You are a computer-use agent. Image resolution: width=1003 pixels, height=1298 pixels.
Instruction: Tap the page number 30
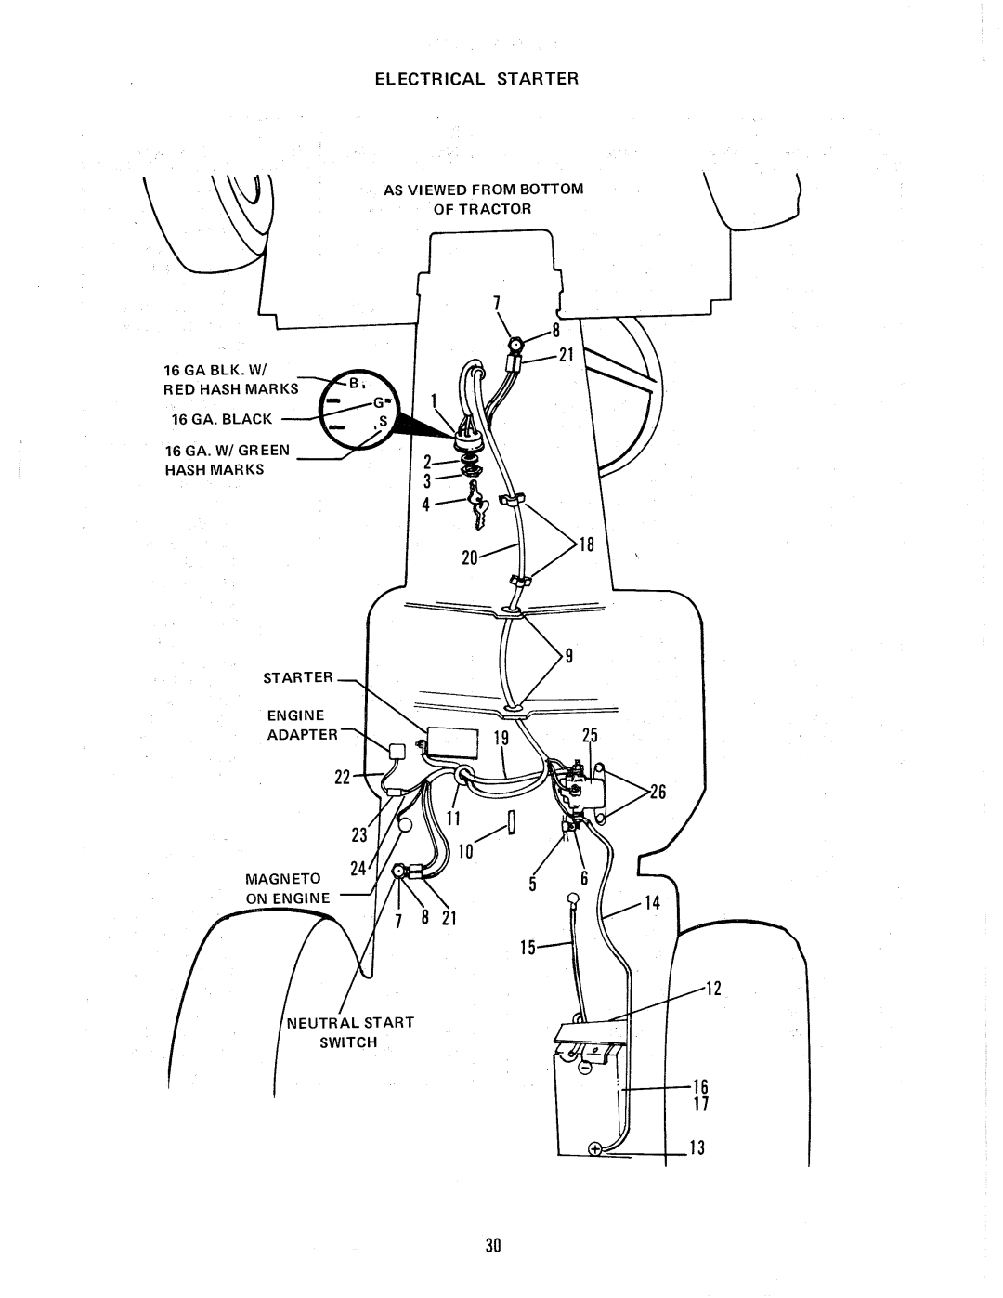(492, 1245)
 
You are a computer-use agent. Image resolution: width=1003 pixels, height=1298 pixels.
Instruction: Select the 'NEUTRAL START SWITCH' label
(369, 1032)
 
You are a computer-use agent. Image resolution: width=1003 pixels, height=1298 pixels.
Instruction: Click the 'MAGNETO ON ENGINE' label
(287, 887)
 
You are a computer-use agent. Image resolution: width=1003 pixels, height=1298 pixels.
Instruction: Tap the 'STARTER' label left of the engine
(302, 677)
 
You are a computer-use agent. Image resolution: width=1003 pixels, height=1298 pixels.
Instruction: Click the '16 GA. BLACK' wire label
(232, 419)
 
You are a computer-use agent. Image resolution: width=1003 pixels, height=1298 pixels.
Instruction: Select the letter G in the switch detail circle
(379, 403)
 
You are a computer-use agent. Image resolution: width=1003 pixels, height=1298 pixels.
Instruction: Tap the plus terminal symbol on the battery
(594, 1148)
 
